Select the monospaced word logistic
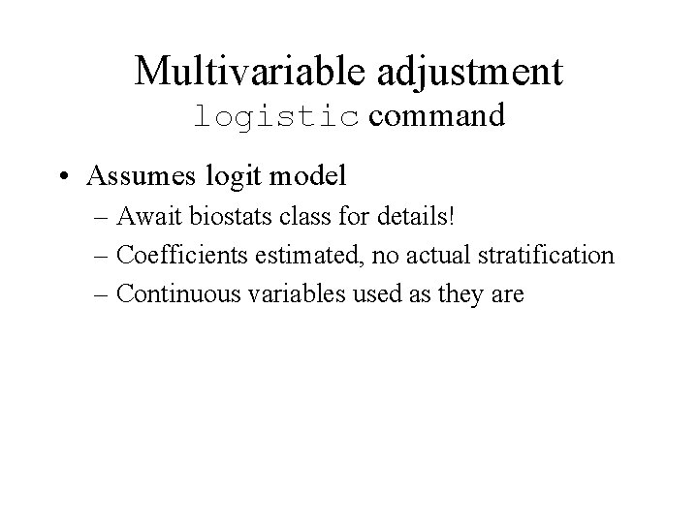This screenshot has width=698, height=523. [276, 116]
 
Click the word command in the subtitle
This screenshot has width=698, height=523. [436, 116]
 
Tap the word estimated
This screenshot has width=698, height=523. [298, 256]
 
